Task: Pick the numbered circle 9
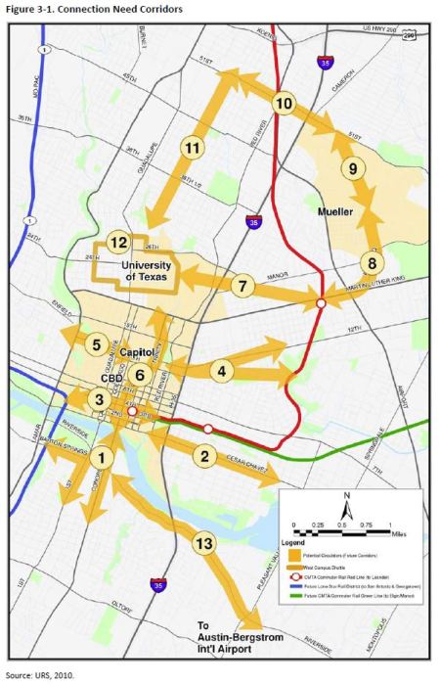[x=352, y=168]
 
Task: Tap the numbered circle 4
[x=223, y=371]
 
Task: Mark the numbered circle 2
[x=204, y=455]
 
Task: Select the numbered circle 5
[x=96, y=343]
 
